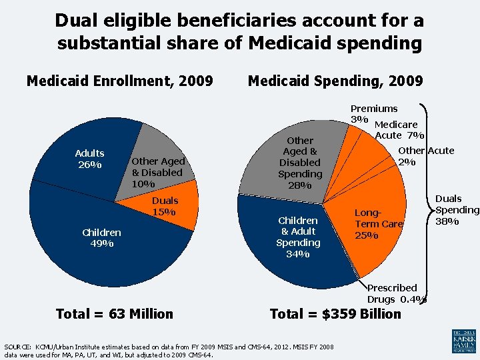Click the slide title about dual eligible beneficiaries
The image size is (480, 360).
pyautogui.click(x=239, y=32)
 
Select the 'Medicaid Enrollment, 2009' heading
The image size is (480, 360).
pyautogui.click(x=119, y=81)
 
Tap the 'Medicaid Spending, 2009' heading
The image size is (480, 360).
pyautogui.click(x=335, y=81)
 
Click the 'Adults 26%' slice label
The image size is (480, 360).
pyautogui.click(x=89, y=159)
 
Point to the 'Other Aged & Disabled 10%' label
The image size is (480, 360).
pyautogui.click(x=158, y=172)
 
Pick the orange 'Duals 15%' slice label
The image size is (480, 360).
pyautogui.click(x=165, y=206)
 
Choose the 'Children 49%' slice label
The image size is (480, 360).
pyautogui.click(x=101, y=237)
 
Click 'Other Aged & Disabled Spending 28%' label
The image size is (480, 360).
pyautogui.click(x=299, y=163)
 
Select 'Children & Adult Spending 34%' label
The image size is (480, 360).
pyautogui.click(x=298, y=231)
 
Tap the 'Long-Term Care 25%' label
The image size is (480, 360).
pyautogui.click(x=378, y=223)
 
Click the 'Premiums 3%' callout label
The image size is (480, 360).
pyautogui.click(x=373, y=113)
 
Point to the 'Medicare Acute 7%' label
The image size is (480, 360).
pyautogui.click(x=395, y=130)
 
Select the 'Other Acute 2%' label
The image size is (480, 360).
pyautogui.click(x=425, y=156)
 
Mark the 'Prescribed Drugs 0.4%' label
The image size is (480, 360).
pyautogui.click(x=396, y=293)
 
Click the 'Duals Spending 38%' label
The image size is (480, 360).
pyautogui.click(x=457, y=209)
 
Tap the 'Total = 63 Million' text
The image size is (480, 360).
pyautogui.click(x=115, y=314)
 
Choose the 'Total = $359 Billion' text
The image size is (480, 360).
pyautogui.click(x=335, y=314)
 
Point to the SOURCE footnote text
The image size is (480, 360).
pyautogui.click(x=169, y=351)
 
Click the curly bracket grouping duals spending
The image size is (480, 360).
pyautogui.click(x=426, y=200)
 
